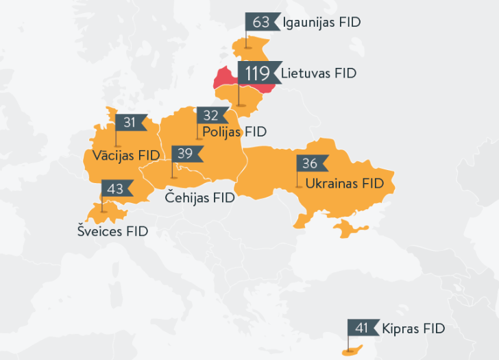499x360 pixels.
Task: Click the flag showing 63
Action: (261, 22)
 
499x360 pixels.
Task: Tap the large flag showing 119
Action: (256, 73)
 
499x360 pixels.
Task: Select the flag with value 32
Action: (211, 115)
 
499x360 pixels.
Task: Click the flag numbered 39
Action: (186, 154)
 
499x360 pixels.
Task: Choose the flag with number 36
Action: (311, 163)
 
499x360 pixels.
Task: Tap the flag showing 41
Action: (362, 328)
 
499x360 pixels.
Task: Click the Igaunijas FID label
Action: (321, 23)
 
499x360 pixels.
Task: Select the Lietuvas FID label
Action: (319, 73)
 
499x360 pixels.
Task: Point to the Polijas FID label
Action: (234, 132)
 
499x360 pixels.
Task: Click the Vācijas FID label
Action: (126, 156)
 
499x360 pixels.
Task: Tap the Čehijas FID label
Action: (200, 198)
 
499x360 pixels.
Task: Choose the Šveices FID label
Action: (112, 232)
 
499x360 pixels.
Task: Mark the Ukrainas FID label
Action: (344, 184)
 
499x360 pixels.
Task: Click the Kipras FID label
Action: (414, 328)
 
